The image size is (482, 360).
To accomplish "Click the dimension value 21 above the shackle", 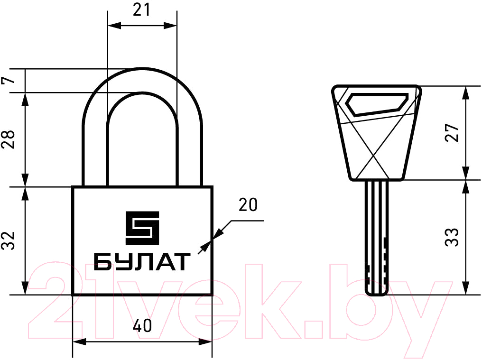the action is [141, 10].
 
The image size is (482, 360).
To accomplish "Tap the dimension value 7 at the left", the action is [8, 80].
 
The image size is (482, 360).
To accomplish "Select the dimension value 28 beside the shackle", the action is [8, 139].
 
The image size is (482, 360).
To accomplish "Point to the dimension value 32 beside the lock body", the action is [8, 240].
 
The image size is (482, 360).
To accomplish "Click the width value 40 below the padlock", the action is [142, 325].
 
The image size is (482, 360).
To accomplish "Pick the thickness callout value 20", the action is [248, 205].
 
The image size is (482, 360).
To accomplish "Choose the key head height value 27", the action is [452, 132].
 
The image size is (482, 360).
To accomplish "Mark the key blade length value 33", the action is [452, 237].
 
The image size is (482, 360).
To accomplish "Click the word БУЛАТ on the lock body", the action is [142, 262].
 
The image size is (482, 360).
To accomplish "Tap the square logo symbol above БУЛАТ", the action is [142, 228].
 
